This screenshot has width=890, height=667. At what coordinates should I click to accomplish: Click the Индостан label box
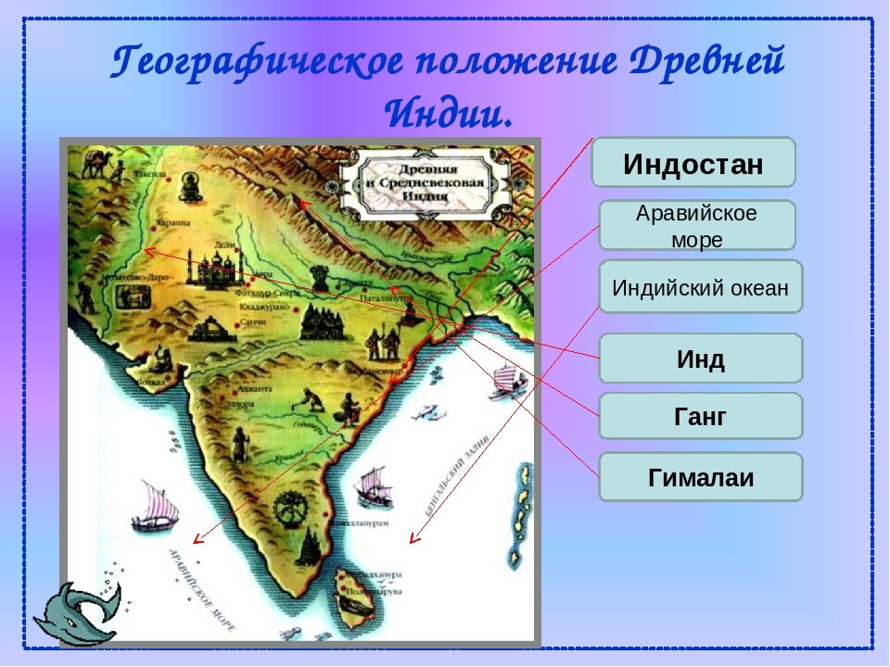pos(693,164)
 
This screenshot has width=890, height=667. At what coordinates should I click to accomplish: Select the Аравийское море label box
pos(697,225)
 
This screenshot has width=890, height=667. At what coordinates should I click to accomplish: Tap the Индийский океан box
pos(700,287)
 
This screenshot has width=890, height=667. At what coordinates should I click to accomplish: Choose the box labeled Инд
pos(700,359)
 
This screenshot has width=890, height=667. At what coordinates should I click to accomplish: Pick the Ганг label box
pos(700,417)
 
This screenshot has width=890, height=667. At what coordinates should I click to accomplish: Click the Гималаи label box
pos(700,478)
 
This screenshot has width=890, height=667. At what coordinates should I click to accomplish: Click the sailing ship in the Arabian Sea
pos(153,508)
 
